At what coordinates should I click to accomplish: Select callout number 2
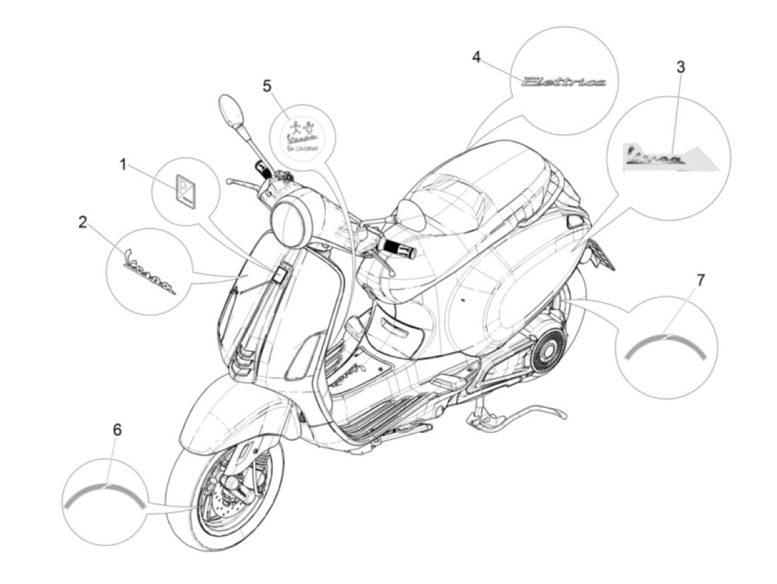click(83, 223)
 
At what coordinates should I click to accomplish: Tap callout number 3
click(680, 67)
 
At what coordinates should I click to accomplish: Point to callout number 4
click(476, 57)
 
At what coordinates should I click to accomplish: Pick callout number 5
click(268, 86)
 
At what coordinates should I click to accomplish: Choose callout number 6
click(117, 430)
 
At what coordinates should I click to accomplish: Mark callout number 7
click(700, 280)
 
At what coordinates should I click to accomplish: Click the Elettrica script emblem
click(564, 82)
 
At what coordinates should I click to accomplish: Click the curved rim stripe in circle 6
click(104, 493)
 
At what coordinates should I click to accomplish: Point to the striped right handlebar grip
click(399, 248)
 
